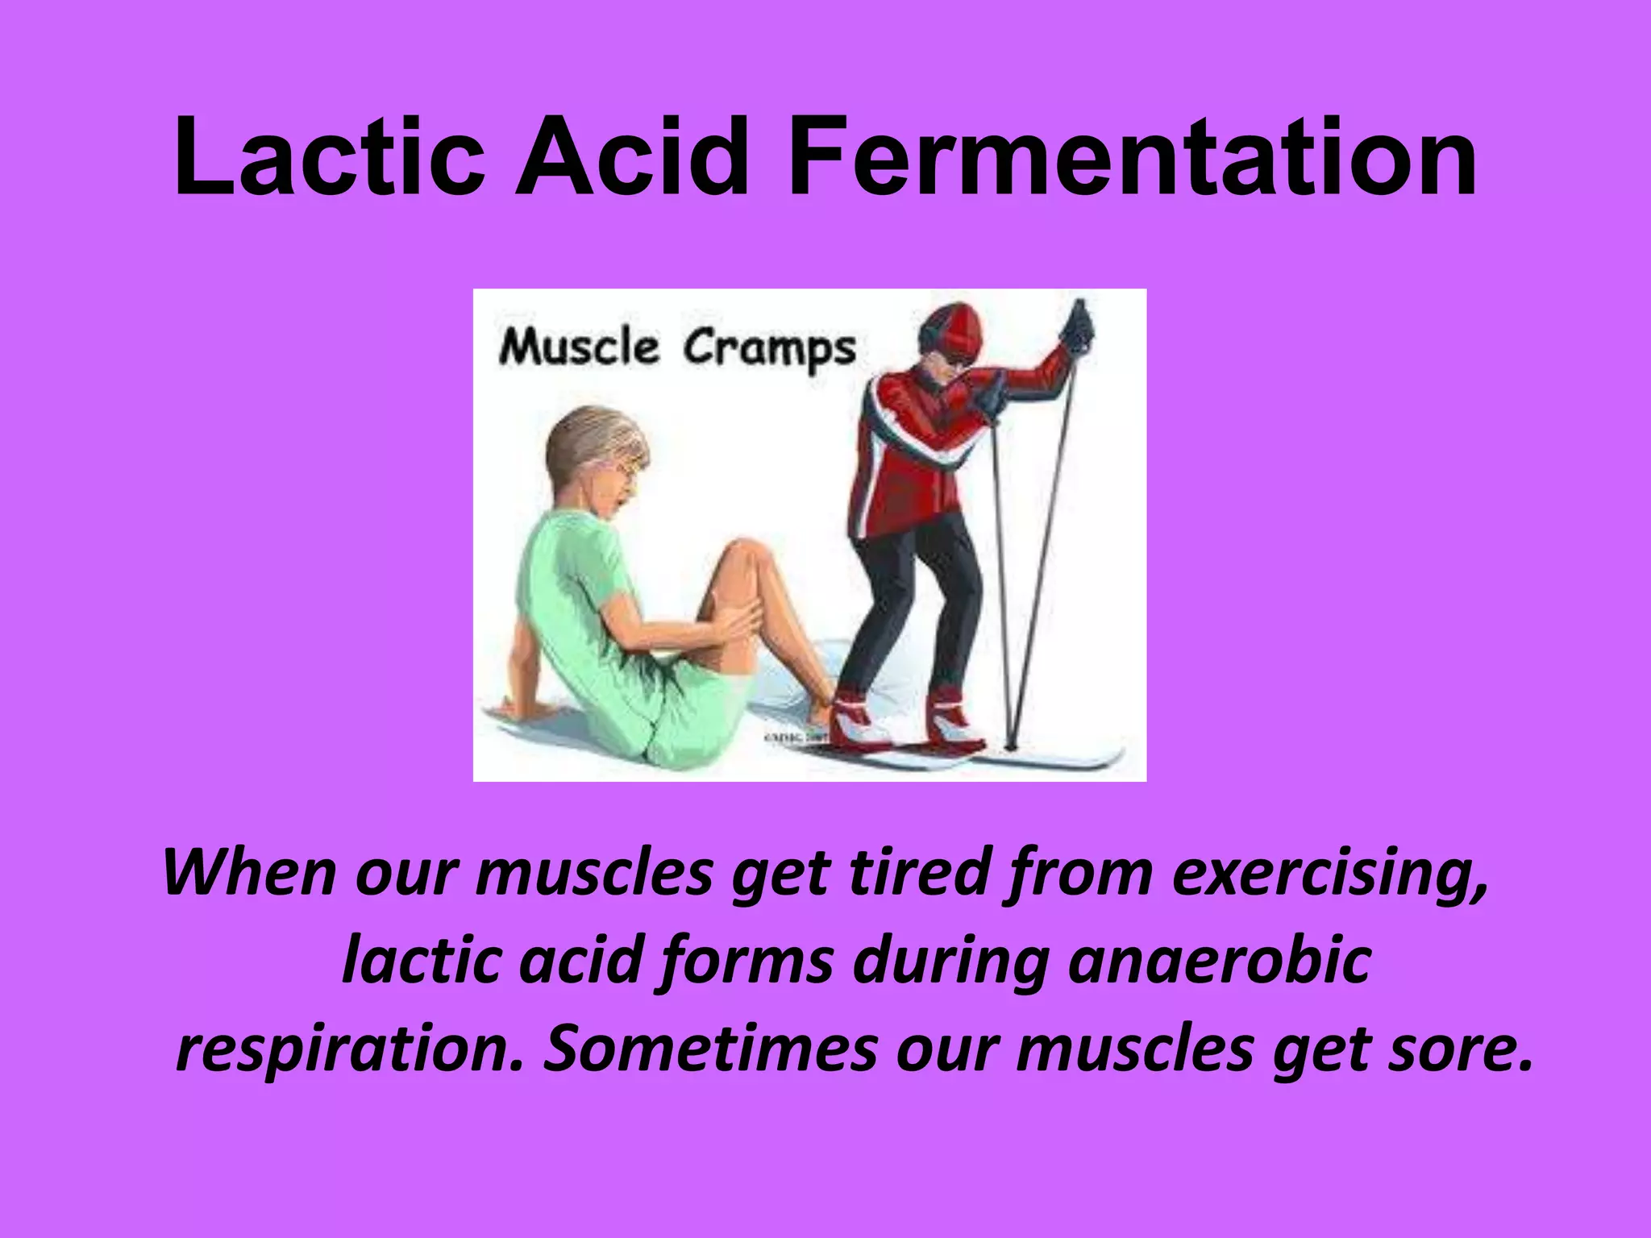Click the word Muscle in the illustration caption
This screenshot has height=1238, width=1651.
coord(578,348)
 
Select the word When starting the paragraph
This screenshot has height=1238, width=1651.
coord(249,872)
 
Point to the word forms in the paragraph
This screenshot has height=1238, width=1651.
coord(746,961)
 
